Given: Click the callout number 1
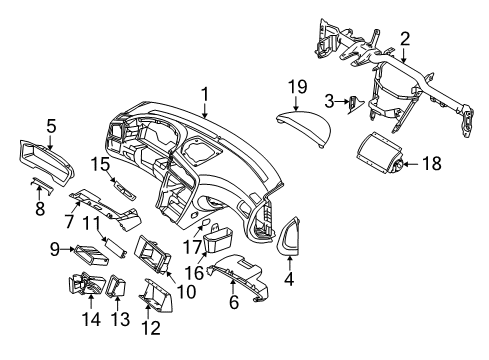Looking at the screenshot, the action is (205, 94).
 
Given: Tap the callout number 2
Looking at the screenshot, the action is (405, 39).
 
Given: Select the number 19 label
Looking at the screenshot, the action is (298, 87).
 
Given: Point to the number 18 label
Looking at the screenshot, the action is (432, 163).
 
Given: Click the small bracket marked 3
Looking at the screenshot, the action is (355, 104).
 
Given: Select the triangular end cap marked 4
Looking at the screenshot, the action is (289, 236).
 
